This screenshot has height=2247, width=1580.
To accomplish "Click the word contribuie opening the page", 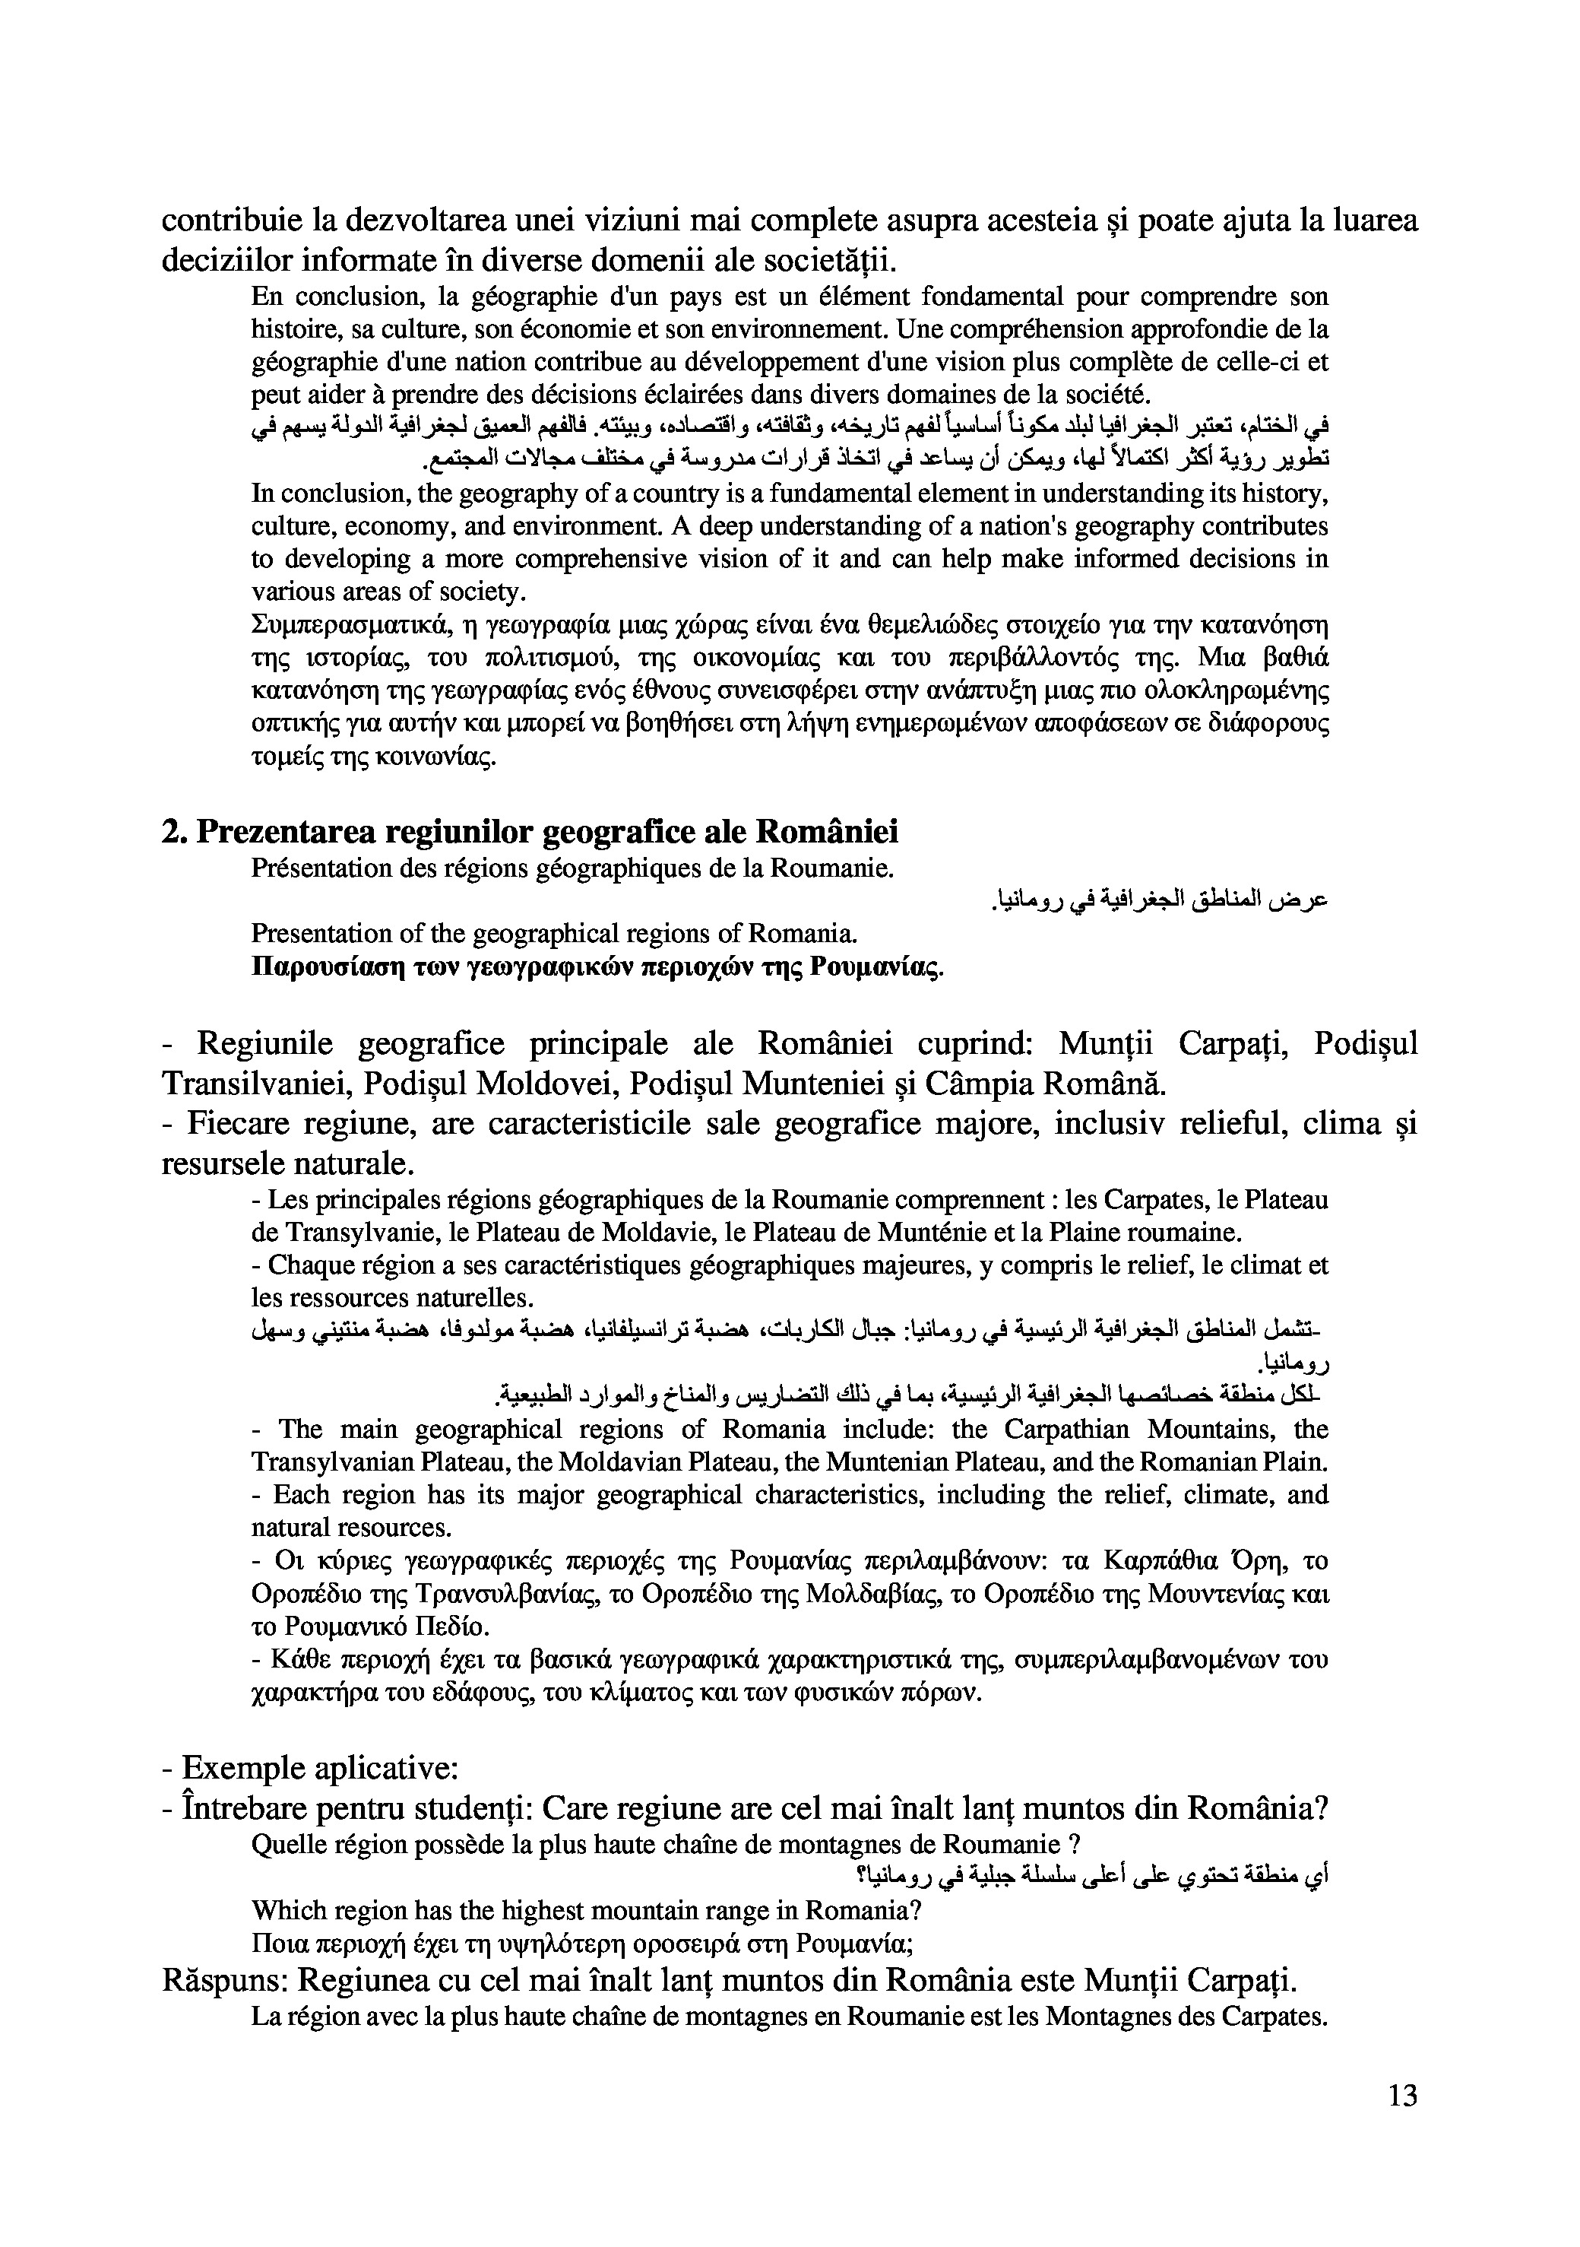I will (x=231, y=221).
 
